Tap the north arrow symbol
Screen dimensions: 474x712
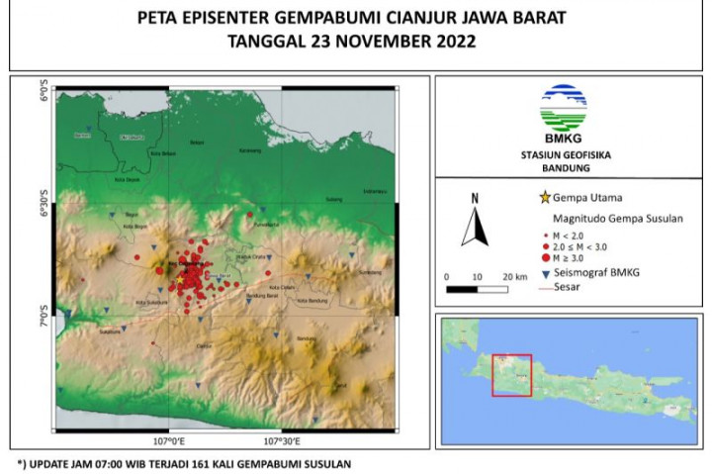[x=475, y=222]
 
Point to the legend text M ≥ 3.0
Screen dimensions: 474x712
[x=578, y=256]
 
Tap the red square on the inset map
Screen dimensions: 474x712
[x=511, y=375]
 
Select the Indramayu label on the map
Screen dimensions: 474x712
[x=374, y=191]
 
